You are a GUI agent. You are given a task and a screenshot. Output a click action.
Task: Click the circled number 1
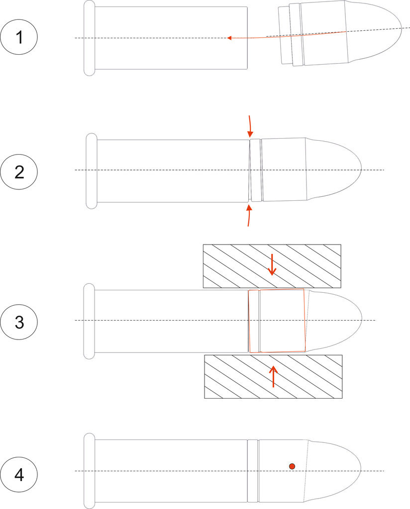(x=19, y=37)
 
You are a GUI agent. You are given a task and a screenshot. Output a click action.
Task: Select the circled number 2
(x=19, y=172)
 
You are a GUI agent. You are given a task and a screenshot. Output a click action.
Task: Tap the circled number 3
(x=19, y=322)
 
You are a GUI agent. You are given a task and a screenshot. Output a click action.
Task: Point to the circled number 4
(x=19, y=475)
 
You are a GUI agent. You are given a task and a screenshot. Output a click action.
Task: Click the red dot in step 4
(x=292, y=466)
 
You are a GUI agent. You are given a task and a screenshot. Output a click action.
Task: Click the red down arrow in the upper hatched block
(x=272, y=264)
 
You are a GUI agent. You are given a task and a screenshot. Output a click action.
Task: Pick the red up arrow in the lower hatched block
(x=273, y=376)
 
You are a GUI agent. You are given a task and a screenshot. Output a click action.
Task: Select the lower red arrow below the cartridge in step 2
(x=249, y=215)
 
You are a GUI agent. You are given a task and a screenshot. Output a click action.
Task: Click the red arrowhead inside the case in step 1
(x=229, y=38)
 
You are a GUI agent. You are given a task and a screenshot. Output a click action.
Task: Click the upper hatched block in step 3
(x=272, y=266)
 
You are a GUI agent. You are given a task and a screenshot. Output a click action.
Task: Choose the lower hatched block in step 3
(x=273, y=377)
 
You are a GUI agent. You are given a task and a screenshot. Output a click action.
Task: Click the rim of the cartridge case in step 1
(x=90, y=38)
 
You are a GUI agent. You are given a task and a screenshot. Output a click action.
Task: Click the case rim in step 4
(x=90, y=471)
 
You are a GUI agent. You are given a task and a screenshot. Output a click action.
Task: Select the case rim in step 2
(x=92, y=171)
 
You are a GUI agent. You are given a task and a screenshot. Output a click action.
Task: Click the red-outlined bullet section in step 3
(x=277, y=321)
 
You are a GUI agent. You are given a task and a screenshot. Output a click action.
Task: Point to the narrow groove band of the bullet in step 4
(x=252, y=471)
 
